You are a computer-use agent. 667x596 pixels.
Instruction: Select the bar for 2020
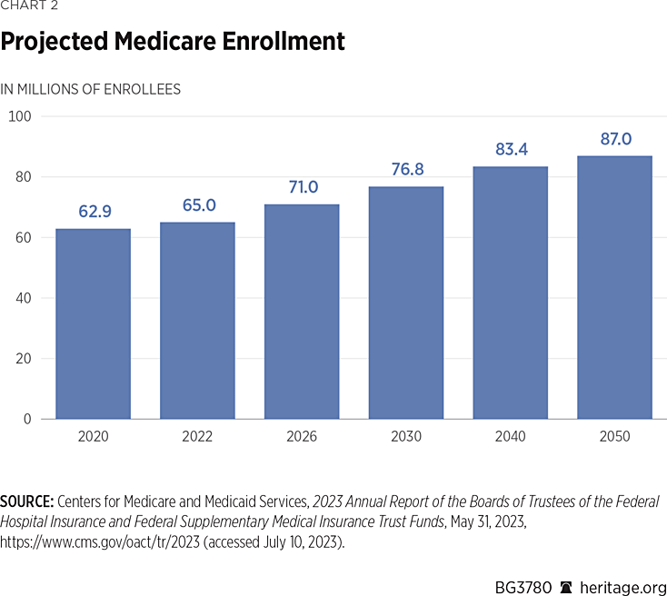[93, 323]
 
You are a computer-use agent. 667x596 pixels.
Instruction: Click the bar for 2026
[302, 312]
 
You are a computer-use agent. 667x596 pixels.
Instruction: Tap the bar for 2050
[615, 287]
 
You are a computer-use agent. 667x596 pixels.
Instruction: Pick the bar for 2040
[511, 293]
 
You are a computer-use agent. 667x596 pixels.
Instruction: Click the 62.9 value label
[93, 212]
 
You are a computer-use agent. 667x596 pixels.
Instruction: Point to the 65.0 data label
[197, 205]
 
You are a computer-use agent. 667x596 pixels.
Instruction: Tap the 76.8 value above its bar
[406, 170]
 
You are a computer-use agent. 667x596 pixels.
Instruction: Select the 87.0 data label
[615, 139]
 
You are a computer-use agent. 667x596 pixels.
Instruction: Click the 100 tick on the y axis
[20, 116]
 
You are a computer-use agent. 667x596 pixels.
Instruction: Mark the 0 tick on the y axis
[27, 419]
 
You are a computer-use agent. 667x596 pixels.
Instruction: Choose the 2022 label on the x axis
[197, 437]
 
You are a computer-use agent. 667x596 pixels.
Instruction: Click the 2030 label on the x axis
[406, 437]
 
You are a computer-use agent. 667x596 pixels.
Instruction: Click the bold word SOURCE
[26, 502]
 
